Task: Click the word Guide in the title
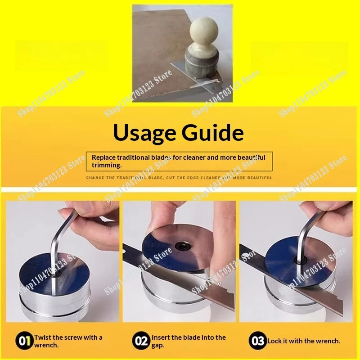(x=211, y=133)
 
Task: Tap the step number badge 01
(x=24, y=341)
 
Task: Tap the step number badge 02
(x=141, y=341)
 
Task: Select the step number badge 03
(x=257, y=341)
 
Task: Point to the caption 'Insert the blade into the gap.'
(x=189, y=341)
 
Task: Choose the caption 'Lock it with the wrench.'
(x=304, y=341)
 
